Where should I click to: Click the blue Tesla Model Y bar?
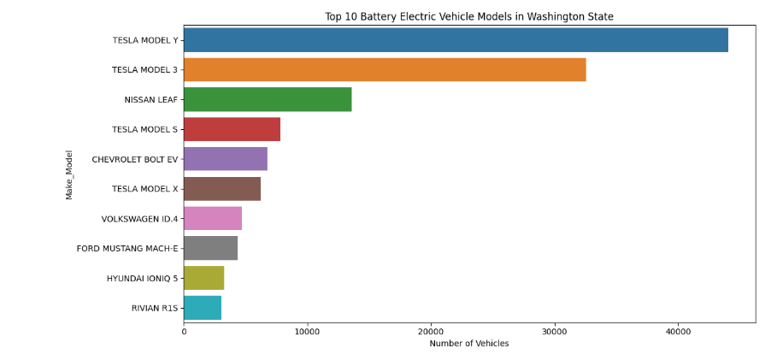pyautogui.click(x=456, y=40)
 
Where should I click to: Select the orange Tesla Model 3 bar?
pyautogui.click(x=385, y=70)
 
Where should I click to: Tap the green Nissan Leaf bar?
pyautogui.click(x=268, y=99)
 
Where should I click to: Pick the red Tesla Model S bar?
pyautogui.click(x=232, y=129)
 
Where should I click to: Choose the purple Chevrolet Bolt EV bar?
pyautogui.click(x=226, y=159)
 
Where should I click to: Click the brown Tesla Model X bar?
pyautogui.click(x=222, y=189)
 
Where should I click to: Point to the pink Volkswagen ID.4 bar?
pyautogui.click(x=213, y=218)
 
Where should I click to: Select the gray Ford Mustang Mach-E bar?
pyautogui.click(x=210, y=248)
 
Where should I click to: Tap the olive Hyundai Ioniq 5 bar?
pyautogui.click(x=203, y=278)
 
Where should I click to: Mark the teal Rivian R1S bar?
pyautogui.click(x=203, y=308)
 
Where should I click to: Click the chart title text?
pyautogui.click(x=468, y=16)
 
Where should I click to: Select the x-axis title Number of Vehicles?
pyautogui.click(x=468, y=344)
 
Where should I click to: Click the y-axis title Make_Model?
pyautogui.click(x=69, y=174)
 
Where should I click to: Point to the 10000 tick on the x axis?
pyautogui.click(x=307, y=331)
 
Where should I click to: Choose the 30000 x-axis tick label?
pyautogui.click(x=555, y=331)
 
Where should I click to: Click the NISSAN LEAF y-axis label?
pyautogui.click(x=151, y=100)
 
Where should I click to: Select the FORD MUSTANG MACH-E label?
pyautogui.click(x=127, y=249)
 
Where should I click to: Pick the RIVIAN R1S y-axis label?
pyautogui.click(x=155, y=308)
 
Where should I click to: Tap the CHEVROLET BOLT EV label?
pyautogui.click(x=135, y=160)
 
